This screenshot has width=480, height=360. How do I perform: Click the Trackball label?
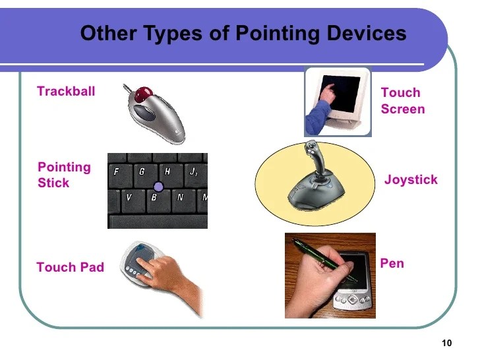pos(66,92)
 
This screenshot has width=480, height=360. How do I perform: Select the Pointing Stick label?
pos(64,175)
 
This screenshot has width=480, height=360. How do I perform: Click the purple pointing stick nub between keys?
pos(158,187)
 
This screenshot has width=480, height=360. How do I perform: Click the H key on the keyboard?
pos(167,171)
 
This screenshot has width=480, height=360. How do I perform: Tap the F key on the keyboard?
pos(117,171)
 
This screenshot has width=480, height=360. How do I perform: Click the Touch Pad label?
pos(70,267)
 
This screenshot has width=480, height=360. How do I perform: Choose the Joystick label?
pos(411,179)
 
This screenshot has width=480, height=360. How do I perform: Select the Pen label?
pos(392,264)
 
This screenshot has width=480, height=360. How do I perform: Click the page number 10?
pos(447,343)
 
